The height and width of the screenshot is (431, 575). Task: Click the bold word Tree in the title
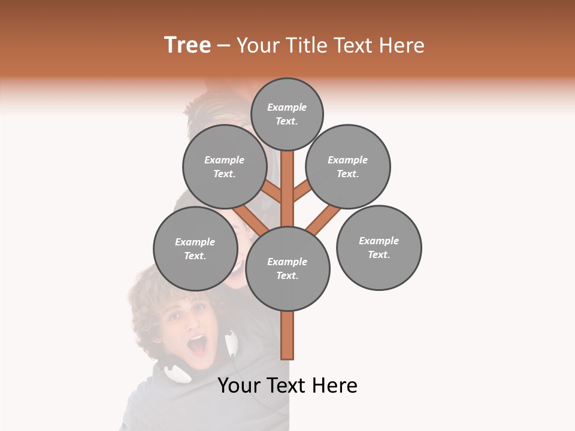[187, 45]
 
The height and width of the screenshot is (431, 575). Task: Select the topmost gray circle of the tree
[287, 114]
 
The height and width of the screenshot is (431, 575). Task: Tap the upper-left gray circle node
[225, 166]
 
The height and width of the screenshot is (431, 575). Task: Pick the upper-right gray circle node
[348, 166]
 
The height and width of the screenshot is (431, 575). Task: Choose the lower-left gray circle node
[195, 248]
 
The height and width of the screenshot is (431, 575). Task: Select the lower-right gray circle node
[379, 247]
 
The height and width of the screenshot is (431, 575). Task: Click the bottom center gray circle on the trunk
[287, 268]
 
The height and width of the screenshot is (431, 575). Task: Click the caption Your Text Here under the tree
[287, 386]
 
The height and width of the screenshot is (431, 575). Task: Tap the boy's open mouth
[197, 344]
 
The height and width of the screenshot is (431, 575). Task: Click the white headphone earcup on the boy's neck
[178, 372]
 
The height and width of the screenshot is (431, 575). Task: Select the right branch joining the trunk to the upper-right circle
[301, 192]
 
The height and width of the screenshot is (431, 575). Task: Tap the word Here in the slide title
[402, 45]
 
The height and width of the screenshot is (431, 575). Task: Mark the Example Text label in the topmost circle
[287, 114]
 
